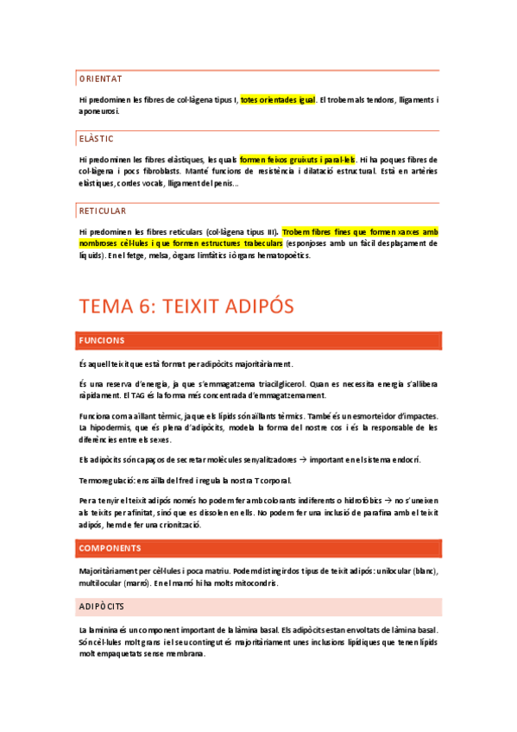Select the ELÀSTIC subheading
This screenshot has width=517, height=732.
[x=96, y=138]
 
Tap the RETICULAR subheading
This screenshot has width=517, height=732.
[x=103, y=211]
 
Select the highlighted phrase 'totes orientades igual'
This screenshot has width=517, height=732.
[x=278, y=100]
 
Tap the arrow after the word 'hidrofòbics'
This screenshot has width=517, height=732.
[x=385, y=501]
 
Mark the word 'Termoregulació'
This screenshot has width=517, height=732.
[x=108, y=480]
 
